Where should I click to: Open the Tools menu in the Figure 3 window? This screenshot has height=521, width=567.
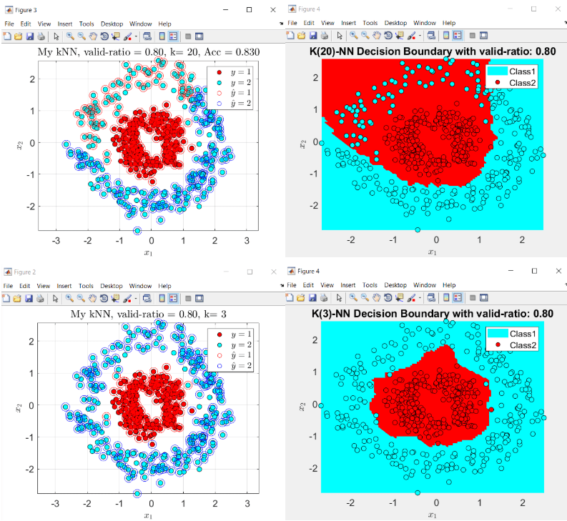pos(87,23)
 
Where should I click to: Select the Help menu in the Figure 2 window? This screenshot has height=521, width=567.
pos(165,285)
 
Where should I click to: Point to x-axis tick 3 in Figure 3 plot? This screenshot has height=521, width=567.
pos(247,241)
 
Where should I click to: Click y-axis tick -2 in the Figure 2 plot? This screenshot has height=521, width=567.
pos(30,469)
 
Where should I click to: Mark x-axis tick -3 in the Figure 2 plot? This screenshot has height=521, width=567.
pos(55,504)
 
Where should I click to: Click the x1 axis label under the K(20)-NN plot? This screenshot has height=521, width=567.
pos(432,252)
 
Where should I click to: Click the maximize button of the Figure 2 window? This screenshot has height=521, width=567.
pos(250,272)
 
